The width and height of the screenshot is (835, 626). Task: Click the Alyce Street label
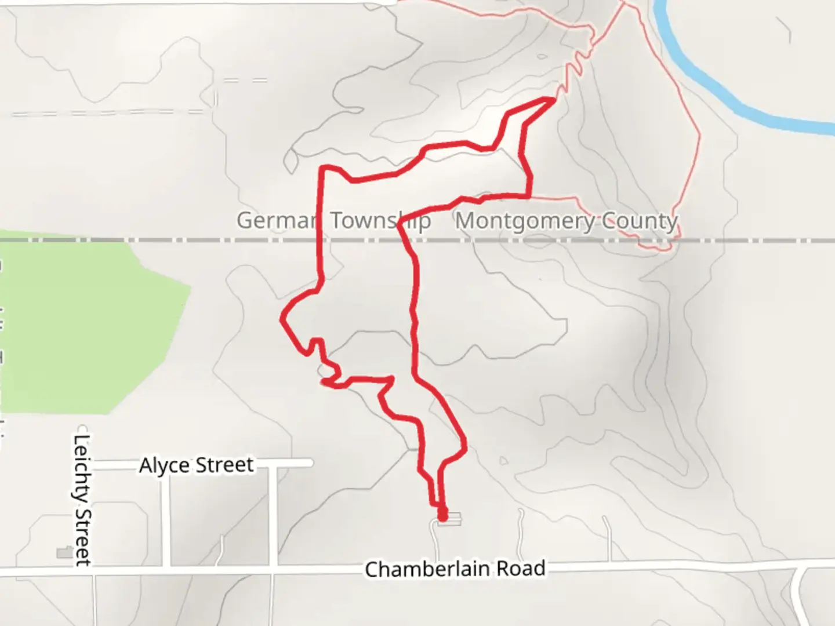pos(196,465)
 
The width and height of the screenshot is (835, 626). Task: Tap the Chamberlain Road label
pos(455,569)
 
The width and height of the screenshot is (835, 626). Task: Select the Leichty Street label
pos(82,500)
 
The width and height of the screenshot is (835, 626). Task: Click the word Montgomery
pos(525,221)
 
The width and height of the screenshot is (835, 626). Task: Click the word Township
pos(380,221)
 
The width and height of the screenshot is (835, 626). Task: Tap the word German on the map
pos(276,221)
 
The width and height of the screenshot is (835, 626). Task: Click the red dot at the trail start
pos(442,514)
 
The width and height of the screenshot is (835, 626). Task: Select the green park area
pos(87,325)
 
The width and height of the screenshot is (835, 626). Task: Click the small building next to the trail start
pos(454,519)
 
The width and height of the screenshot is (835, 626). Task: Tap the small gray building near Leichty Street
pos(64,553)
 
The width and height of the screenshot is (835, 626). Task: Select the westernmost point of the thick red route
pos(282,318)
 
